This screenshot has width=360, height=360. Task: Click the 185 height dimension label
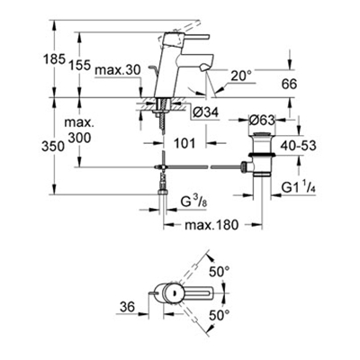pyautogui.click(x=54, y=58)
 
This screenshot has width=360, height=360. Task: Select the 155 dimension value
pyautogui.click(x=80, y=65)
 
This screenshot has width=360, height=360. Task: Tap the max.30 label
pyautogui.click(x=117, y=70)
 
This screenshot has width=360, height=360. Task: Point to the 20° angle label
pyautogui.click(x=241, y=76)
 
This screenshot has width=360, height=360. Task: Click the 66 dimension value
pyautogui.click(x=289, y=85)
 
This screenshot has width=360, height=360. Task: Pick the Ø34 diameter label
pyautogui.click(x=206, y=112)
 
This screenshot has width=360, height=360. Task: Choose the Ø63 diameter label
pyautogui.click(x=262, y=121)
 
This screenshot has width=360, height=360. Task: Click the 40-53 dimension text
pyautogui.click(x=298, y=146)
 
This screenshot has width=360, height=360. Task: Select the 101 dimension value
pyautogui.click(x=184, y=143)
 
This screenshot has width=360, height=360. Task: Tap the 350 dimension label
pyautogui.click(x=53, y=147)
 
